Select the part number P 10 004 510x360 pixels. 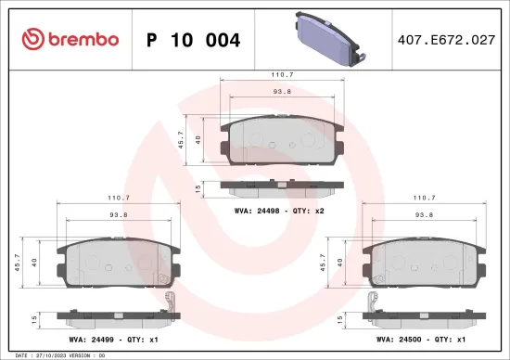point(193,40)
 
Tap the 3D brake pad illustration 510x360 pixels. point(328,40)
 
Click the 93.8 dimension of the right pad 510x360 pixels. point(424,215)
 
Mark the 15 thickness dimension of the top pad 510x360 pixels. point(198,187)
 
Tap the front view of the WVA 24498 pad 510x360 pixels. point(284,140)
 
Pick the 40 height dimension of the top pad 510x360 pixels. point(198,139)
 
